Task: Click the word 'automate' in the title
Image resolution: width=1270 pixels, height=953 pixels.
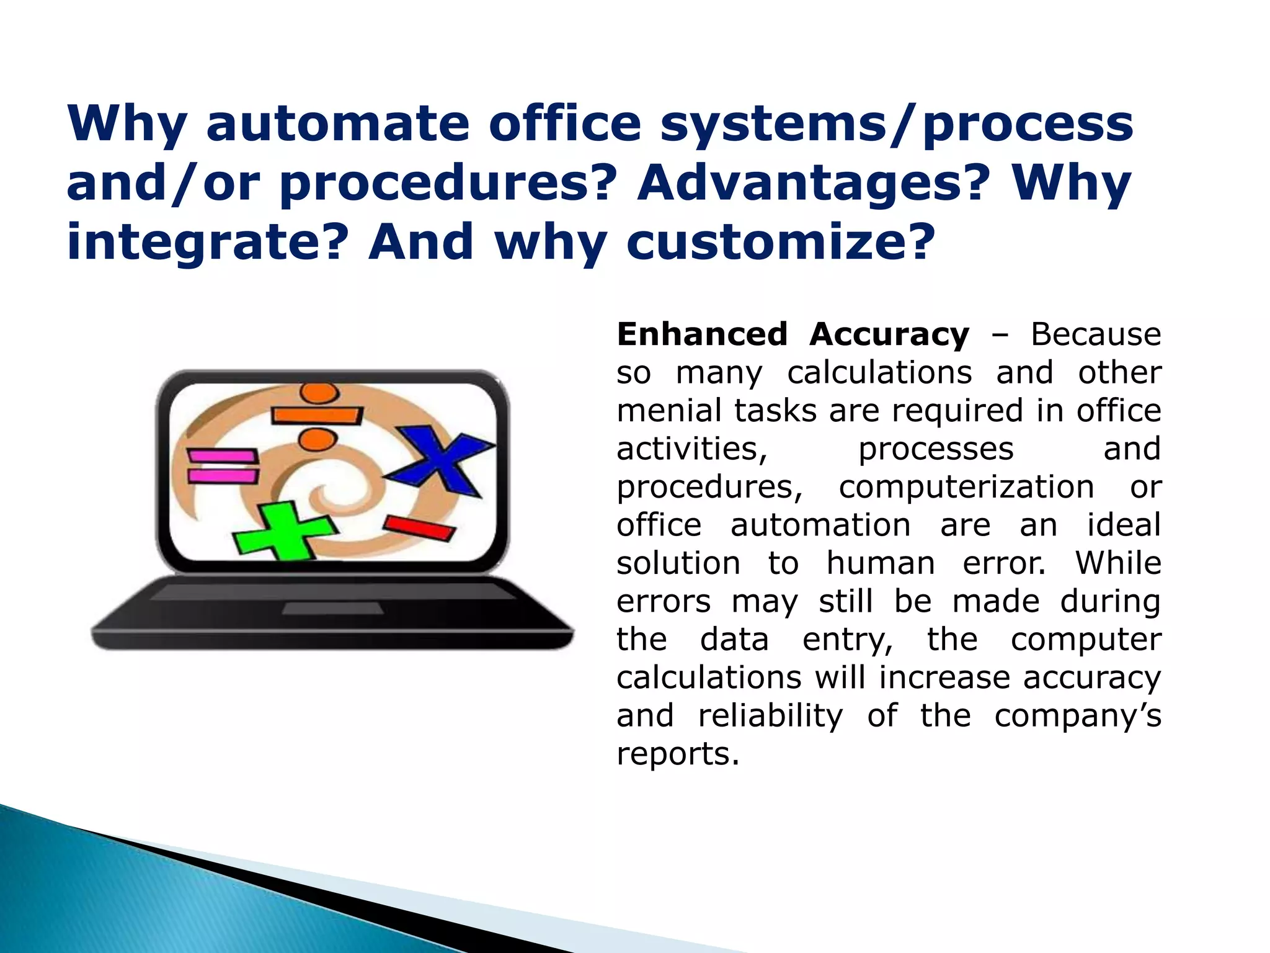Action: coord(337,123)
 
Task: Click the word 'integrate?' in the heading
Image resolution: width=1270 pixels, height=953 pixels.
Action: coord(205,243)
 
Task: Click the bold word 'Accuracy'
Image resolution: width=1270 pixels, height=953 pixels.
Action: coord(889,336)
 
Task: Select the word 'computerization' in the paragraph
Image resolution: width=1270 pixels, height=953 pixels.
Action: coord(966,487)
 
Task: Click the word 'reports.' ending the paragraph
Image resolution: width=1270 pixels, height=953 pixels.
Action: coord(678,754)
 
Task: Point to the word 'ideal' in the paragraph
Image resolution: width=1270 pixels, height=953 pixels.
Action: coord(1124,525)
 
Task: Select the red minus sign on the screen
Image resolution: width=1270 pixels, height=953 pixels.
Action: coord(419,527)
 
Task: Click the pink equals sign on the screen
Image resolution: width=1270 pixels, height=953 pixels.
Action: coord(223,466)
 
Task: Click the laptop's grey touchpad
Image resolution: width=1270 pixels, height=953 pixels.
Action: coord(332,609)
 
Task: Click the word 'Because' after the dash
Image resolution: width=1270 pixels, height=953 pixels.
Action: coord(1095,334)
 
